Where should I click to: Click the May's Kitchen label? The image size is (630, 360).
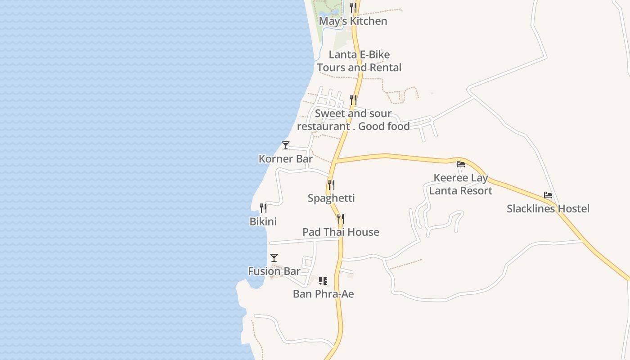353,21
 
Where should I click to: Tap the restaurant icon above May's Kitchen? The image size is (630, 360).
353,8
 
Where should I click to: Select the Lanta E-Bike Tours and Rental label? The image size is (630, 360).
359,61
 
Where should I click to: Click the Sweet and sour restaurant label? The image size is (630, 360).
353,120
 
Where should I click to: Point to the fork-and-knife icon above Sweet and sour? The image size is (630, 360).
353,99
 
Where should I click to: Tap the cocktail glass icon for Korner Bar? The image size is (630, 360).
286,145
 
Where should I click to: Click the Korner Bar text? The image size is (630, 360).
285,159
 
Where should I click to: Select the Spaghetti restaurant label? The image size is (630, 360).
331,198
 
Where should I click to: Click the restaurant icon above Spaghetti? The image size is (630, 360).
331,184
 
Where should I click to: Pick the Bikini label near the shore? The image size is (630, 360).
263,221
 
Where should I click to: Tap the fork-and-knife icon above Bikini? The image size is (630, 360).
263,208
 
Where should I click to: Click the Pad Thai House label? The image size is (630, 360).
341,232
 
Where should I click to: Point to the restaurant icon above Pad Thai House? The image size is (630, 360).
341,219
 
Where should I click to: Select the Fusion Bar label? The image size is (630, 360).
274,271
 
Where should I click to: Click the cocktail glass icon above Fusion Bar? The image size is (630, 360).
274,258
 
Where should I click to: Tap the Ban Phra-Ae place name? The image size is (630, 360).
323,294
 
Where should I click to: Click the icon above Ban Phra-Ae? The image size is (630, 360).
323,281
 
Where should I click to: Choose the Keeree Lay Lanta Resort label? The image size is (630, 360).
461,184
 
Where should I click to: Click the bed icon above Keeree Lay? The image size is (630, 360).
461,164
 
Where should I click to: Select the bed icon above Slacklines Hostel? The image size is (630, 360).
548,195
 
